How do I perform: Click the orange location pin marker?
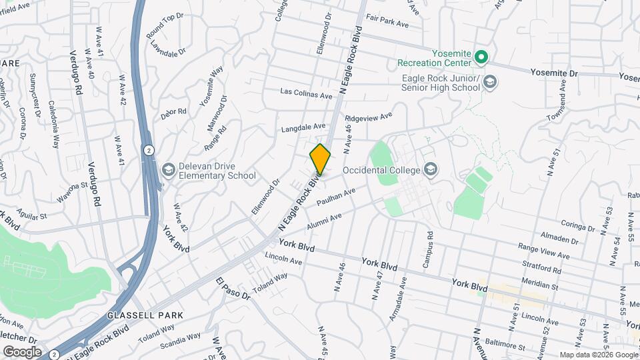[320, 159]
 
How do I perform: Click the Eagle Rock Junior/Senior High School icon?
[490, 82]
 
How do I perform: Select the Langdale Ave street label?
[303, 126]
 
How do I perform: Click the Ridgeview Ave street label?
[369, 118]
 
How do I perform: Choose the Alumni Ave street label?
[324, 222]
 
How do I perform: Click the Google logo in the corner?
[22, 351]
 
